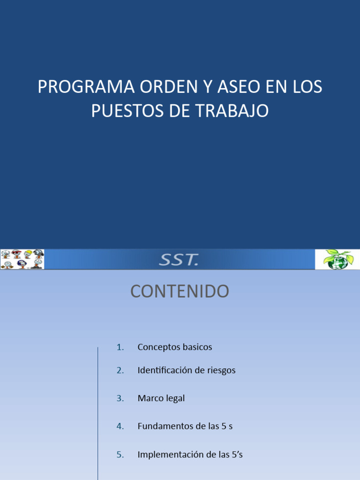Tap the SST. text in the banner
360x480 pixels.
(x=179, y=260)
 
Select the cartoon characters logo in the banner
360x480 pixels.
(x=22, y=259)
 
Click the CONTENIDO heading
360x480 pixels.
(x=180, y=292)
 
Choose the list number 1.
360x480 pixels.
(x=120, y=347)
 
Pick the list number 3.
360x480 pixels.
(x=120, y=398)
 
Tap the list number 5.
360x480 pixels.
(x=120, y=454)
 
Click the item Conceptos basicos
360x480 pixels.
(x=175, y=347)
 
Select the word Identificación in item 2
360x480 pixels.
(x=166, y=370)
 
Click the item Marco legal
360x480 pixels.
(x=161, y=398)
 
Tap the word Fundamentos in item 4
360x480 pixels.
(x=162, y=426)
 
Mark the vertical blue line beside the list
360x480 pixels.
(x=98, y=412)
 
